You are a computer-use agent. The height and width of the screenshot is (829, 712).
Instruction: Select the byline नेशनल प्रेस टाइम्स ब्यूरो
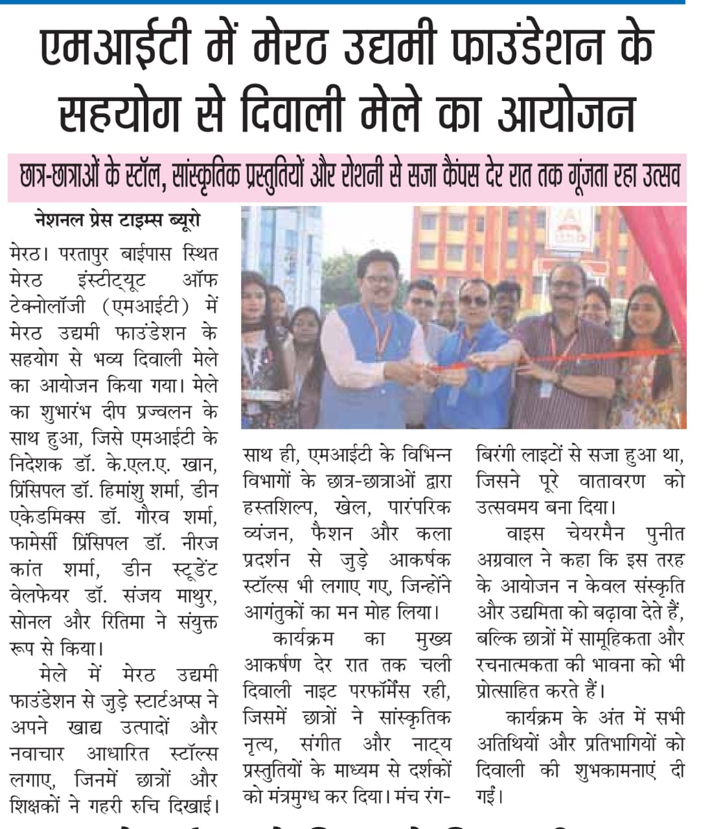pos(117,221)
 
